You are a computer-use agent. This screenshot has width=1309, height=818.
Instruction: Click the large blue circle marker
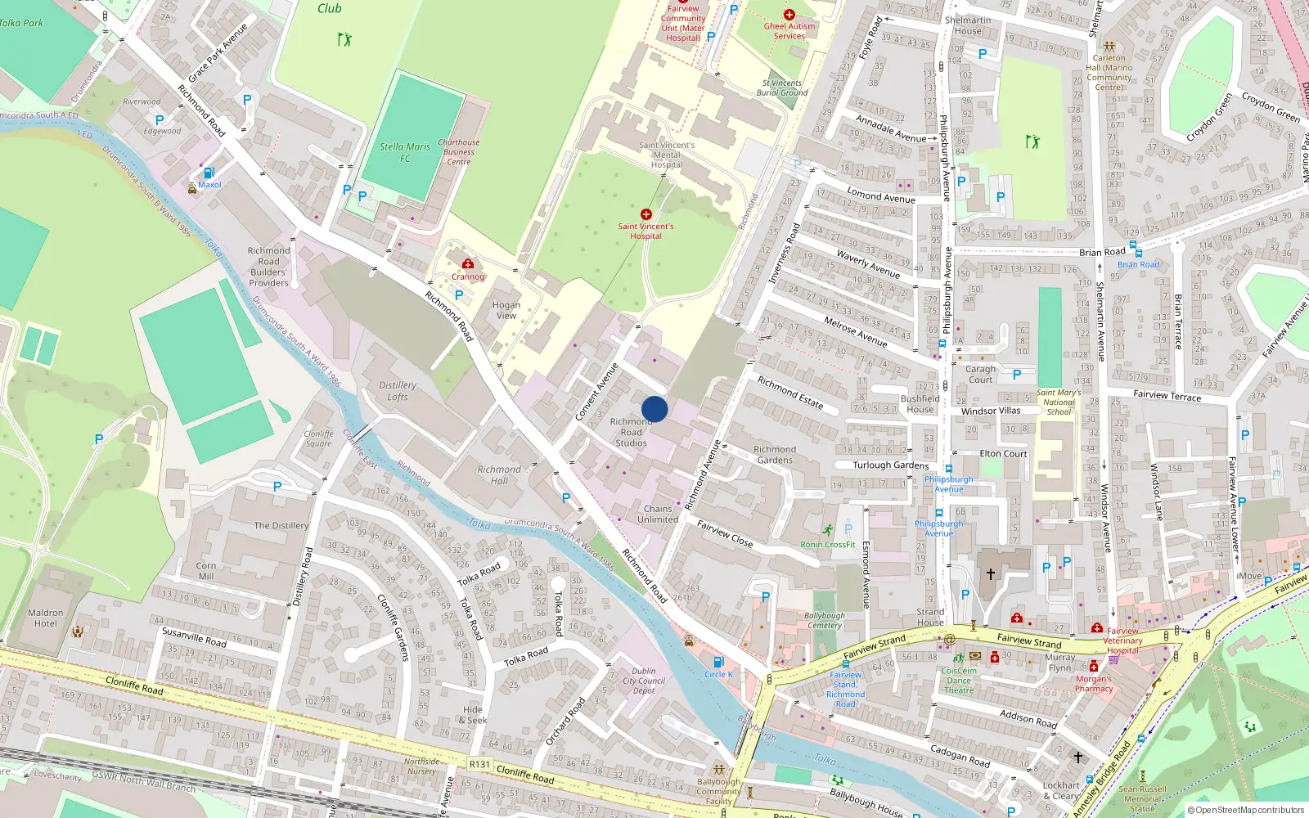(x=654, y=409)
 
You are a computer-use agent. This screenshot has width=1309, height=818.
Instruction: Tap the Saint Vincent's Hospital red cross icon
(x=646, y=214)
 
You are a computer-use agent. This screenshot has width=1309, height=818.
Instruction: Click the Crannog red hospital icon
(x=468, y=263)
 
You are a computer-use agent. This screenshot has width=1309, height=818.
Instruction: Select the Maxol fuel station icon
(x=209, y=173)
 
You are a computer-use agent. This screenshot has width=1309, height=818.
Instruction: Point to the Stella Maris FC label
(x=405, y=152)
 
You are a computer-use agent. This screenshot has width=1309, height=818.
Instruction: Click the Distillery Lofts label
(x=398, y=391)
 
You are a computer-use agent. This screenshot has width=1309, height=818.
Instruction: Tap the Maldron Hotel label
(x=46, y=618)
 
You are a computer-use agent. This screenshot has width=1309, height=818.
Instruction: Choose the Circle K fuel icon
(x=718, y=661)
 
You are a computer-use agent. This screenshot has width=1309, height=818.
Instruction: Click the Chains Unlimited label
(x=658, y=514)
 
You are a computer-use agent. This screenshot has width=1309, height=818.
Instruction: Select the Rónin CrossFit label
(x=827, y=544)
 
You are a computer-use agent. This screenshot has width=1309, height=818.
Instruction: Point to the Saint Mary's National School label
(x=1059, y=402)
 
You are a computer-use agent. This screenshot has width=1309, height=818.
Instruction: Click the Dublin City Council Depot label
(x=644, y=681)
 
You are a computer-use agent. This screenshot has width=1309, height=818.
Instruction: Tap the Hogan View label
(x=506, y=310)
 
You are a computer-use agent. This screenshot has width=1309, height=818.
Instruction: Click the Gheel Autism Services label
(x=789, y=31)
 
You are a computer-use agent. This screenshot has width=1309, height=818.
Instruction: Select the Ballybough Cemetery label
(x=825, y=620)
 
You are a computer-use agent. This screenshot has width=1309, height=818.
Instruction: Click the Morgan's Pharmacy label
(x=1094, y=684)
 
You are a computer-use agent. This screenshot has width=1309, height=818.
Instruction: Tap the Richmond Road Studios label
(x=631, y=433)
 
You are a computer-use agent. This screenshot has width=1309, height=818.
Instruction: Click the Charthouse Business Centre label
(x=459, y=152)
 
